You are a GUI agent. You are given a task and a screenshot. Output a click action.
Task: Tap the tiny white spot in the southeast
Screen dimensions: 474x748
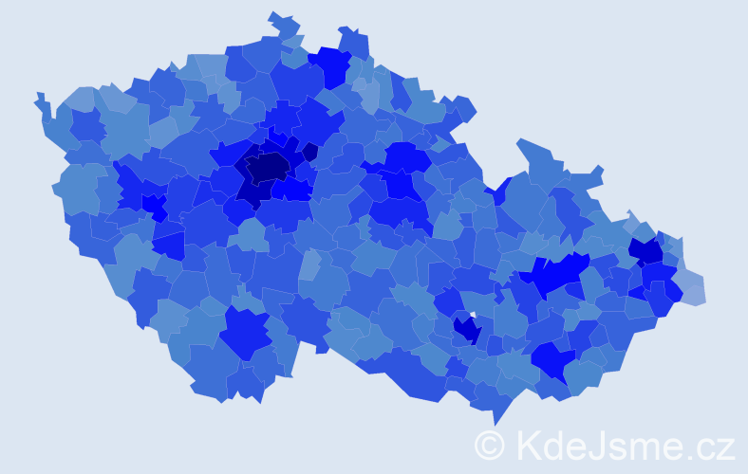(472, 315)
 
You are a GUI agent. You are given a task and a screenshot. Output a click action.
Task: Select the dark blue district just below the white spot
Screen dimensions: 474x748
(467, 330)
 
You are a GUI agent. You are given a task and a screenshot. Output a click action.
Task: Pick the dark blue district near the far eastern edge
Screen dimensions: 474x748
(646, 251)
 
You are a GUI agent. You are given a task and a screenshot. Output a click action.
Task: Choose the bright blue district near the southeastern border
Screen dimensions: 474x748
(552, 360)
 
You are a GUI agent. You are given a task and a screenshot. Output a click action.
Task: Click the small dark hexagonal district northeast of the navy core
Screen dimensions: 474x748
(309, 152)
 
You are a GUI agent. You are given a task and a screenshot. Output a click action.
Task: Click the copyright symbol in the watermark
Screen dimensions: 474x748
(489, 446)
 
